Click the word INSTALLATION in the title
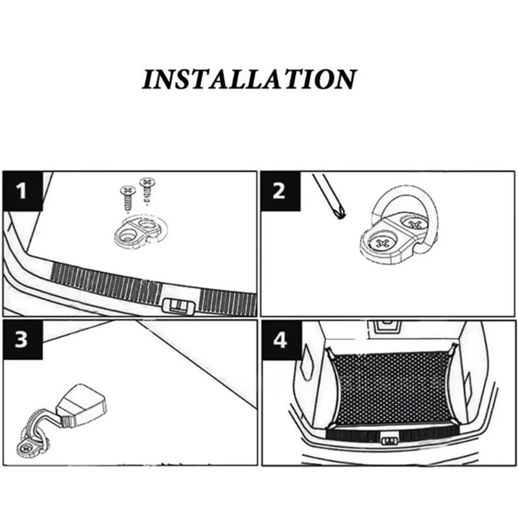click(x=249, y=78)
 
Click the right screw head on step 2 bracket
click(x=414, y=225)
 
